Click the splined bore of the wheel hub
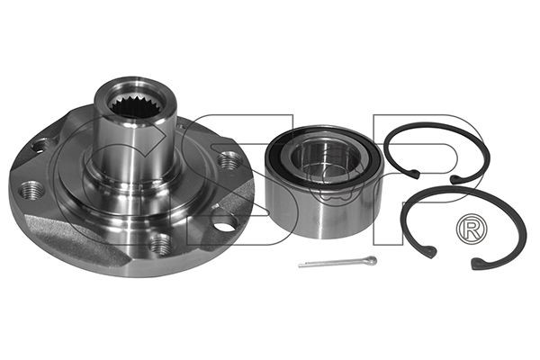135,105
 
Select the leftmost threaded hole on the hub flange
31,190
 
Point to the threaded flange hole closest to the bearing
229,159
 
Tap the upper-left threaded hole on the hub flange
41,146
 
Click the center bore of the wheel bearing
324,159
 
